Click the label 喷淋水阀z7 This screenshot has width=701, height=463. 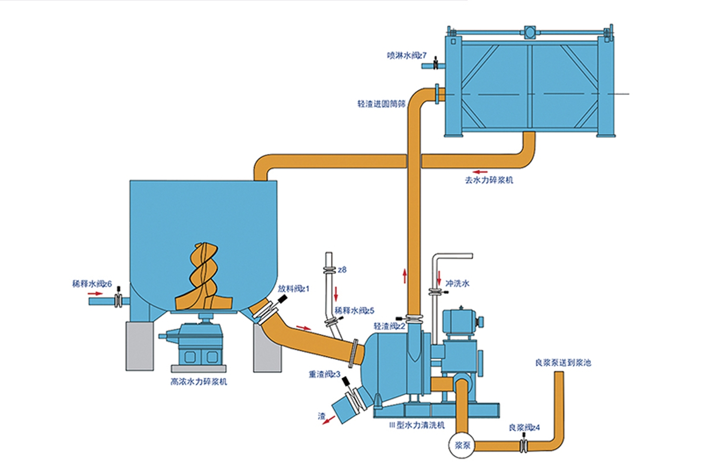406,56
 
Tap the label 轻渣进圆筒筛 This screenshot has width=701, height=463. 381,104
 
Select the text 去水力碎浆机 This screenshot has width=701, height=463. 489,180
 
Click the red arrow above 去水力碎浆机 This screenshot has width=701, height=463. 480,171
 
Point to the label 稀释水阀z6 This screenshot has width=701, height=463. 92,284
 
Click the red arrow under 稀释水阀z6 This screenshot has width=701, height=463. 95,294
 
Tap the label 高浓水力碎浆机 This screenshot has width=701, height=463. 199,382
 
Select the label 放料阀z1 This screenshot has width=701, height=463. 294,289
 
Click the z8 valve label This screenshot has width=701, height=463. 342,270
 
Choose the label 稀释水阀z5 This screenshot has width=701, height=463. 354,311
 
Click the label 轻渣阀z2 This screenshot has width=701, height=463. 389,326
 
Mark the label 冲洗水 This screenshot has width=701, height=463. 457,284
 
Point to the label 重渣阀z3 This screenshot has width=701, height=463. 325,374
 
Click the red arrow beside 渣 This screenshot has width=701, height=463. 329,420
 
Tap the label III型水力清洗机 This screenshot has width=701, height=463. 417,425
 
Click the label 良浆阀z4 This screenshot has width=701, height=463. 524,428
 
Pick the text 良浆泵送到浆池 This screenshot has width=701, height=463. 563,363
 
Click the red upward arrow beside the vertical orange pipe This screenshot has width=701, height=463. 405,275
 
